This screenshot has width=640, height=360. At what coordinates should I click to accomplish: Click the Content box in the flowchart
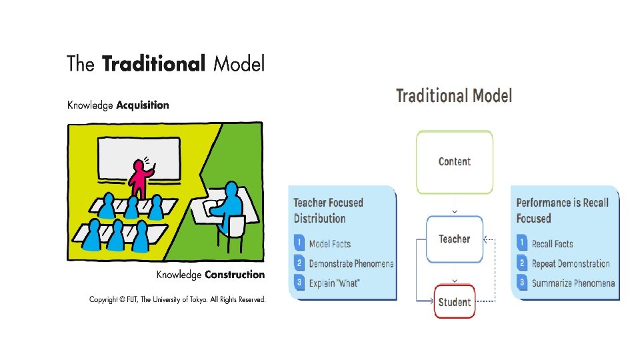[x=455, y=161]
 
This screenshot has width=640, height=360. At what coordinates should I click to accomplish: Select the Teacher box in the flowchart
[x=455, y=239]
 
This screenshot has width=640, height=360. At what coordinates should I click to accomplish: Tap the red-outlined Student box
[x=455, y=302]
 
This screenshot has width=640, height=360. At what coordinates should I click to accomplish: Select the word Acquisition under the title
[x=143, y=105]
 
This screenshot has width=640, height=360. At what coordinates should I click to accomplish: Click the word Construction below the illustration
[x=235, y=275]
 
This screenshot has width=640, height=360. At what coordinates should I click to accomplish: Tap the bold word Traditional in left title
[x=153, y=64]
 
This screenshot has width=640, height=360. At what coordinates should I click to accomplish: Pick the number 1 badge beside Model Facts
[x=300, y=244]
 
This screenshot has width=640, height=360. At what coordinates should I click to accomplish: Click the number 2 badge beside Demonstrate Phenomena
[x=300, y=263]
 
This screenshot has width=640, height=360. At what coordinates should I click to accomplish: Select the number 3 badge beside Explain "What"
[x=300, y=283]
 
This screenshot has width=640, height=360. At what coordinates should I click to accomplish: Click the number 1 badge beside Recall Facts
[x=523, y=244]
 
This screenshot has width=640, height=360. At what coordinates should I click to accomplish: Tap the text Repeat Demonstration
[x=571, y=263]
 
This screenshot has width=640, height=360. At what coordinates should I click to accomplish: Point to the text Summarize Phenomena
[x=573, y=283]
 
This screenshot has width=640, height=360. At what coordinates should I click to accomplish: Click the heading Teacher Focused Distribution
[x=329, y=210]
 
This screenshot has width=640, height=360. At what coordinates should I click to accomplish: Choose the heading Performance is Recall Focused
[x=562, y=210]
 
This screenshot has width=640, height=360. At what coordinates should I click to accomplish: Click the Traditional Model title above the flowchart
[x=454, y=96]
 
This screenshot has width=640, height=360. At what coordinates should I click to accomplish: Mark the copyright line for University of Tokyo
[x=177, y=299]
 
